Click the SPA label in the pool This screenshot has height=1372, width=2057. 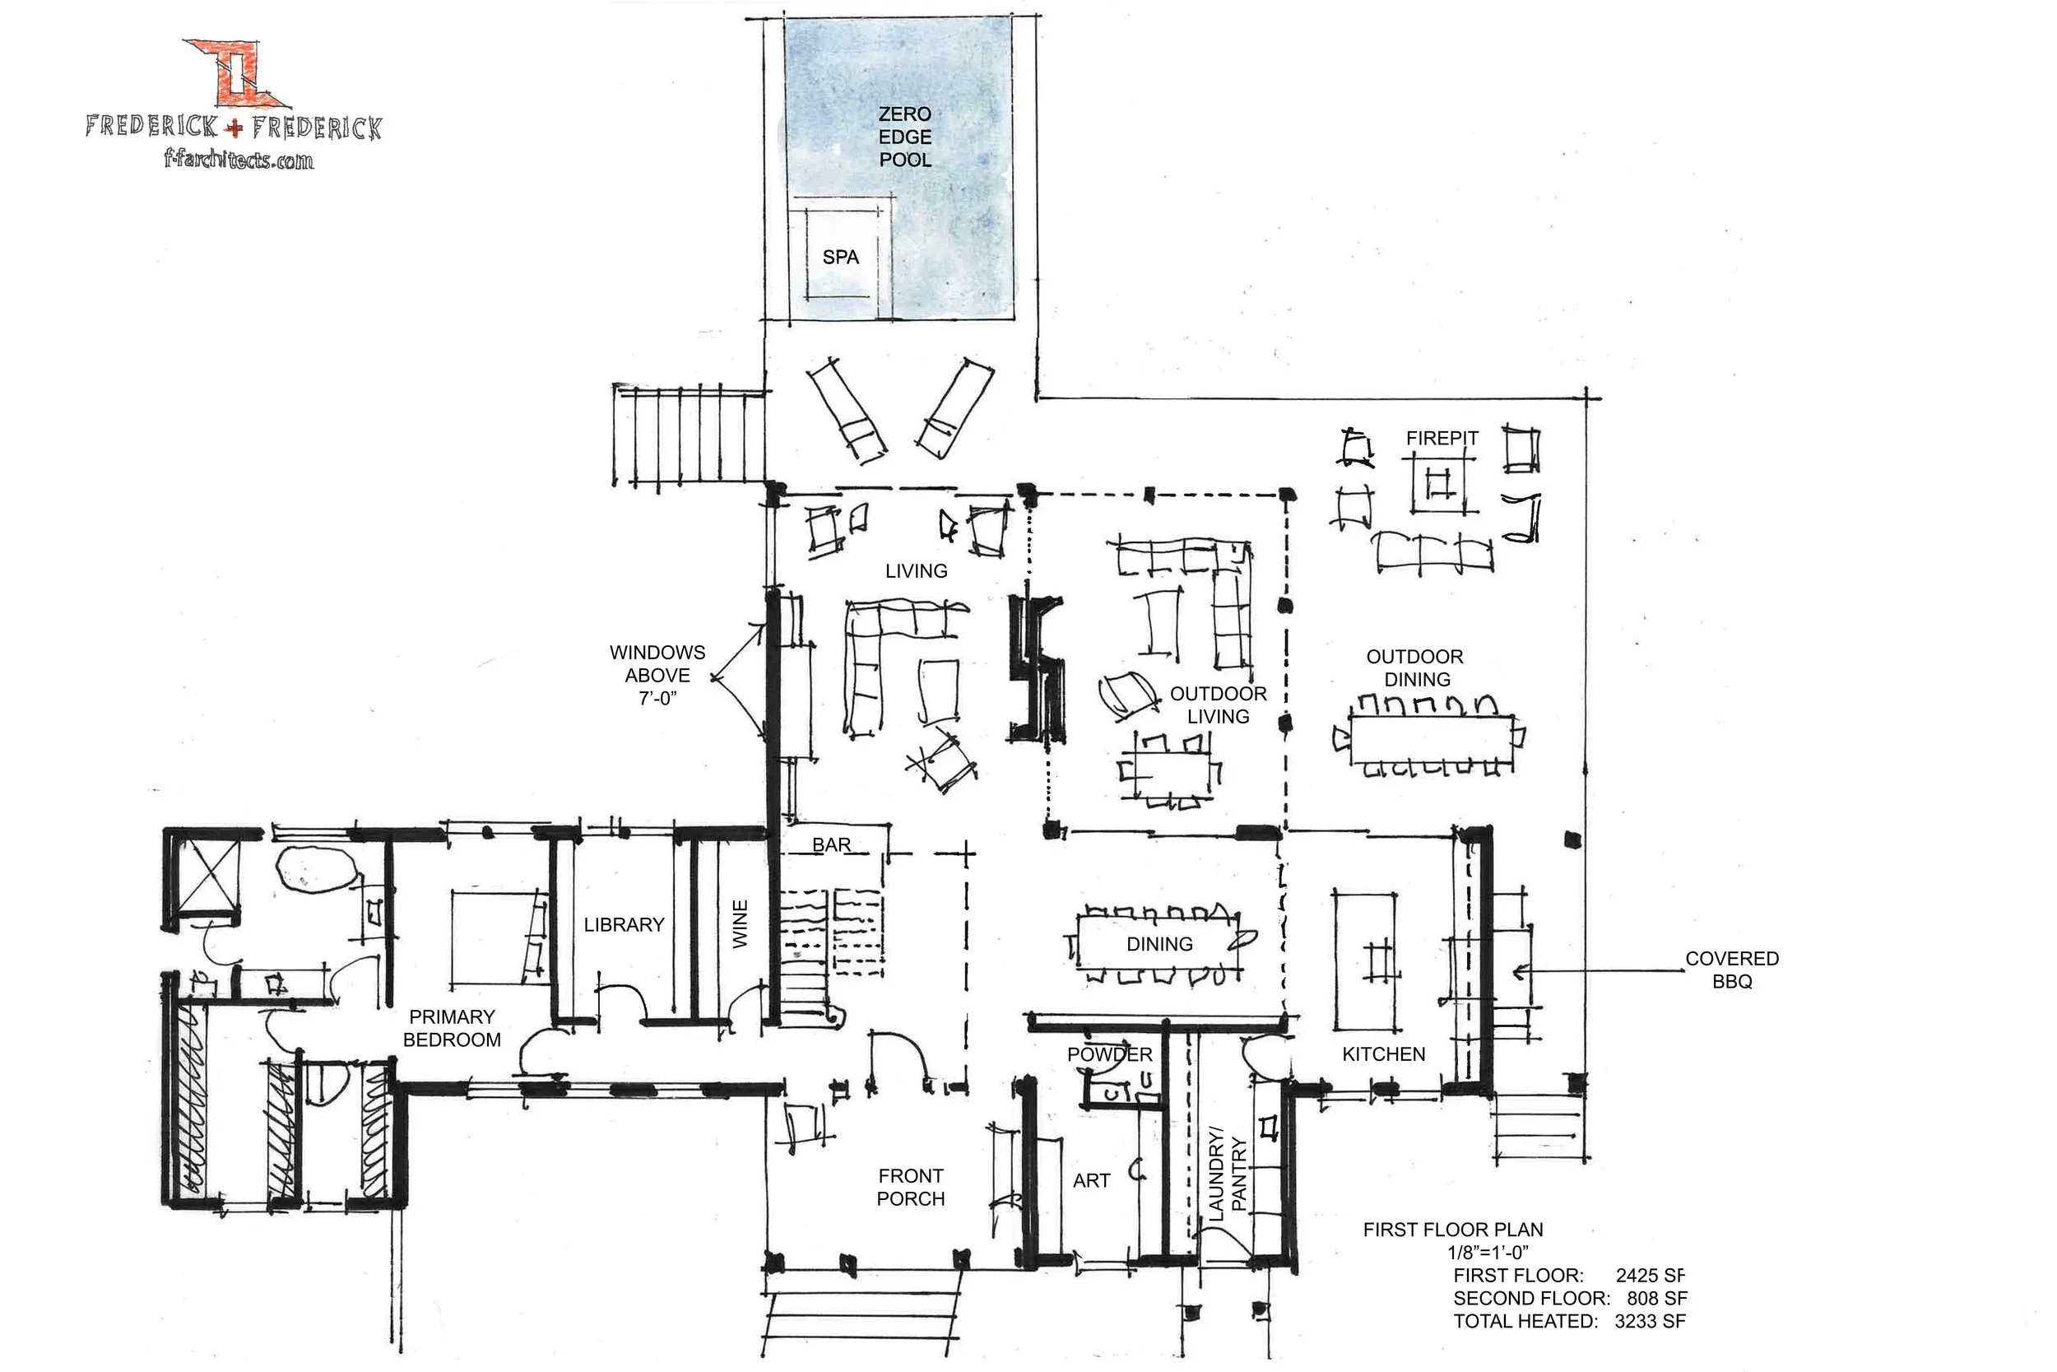click(839, 258)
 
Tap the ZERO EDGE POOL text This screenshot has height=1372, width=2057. click(905, 137)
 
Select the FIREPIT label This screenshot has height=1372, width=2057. click(1442, 438)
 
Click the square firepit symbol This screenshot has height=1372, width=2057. click(1437, 484)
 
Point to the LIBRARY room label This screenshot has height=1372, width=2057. click(624, 925)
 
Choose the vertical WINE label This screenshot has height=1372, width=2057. click(740, 924)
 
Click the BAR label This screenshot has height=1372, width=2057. click(831, 845)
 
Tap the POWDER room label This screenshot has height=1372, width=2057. click(1109, 1055)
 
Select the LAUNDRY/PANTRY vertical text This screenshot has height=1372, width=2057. click(1227, 1174)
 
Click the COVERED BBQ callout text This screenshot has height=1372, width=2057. click(1732, 970)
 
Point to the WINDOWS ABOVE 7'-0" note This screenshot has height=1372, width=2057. click(657, 676)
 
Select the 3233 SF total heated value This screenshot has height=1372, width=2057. click(1650, 1321)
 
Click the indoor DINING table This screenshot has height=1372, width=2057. click(1159, 944)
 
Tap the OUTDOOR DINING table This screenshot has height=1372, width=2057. click(1432, 739)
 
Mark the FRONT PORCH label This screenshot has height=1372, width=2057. click(911, 1188)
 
